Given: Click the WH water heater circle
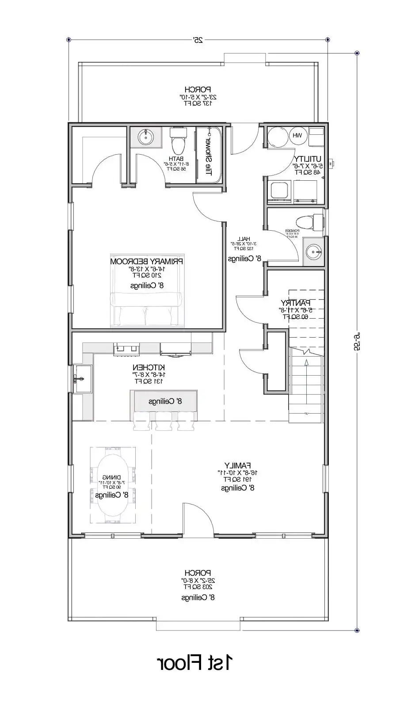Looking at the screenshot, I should click(297, 136).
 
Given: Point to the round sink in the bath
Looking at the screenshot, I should click(145, 137).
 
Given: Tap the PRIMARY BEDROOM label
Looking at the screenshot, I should click(147, 261).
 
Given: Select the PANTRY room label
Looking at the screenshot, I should click(295, 303).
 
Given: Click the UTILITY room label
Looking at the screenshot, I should click(308, 159).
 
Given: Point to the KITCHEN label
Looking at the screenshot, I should click(149, 367).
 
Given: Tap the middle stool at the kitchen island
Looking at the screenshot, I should click(163, 423).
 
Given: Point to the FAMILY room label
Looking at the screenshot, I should click(237, 465).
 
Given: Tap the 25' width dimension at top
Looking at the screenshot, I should click(198, 40).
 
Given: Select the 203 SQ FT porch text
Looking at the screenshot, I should click(198, 587).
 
